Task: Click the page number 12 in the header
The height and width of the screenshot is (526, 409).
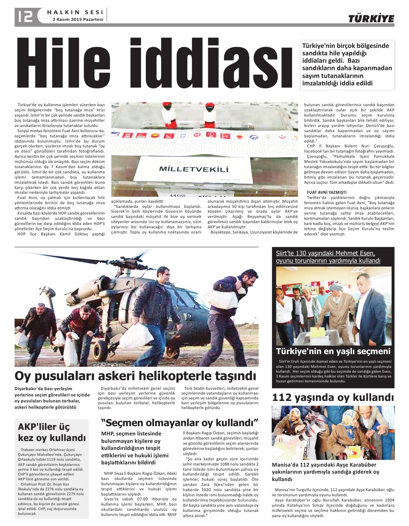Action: [25, 16]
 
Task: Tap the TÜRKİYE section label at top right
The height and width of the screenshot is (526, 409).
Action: [371, 19]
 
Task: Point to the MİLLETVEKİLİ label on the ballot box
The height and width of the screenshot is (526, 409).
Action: [193, 169]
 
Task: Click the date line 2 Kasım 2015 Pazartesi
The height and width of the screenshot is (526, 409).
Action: [78, 19]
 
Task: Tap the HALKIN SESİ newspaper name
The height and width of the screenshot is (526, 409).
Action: [75, 12]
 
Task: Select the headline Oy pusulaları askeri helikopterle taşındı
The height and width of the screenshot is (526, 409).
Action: [135, 376]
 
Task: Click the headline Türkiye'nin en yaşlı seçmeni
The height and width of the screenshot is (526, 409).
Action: [333, 351]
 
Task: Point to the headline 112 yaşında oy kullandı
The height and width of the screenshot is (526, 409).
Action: [333, 398]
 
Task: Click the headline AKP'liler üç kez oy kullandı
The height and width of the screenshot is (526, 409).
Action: [52, 432]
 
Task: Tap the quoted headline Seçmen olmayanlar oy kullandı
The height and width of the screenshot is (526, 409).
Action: [180, 422]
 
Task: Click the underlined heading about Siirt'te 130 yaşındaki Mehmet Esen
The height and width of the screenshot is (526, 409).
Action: [328, 257]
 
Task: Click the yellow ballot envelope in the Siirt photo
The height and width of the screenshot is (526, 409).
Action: [317, 329]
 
